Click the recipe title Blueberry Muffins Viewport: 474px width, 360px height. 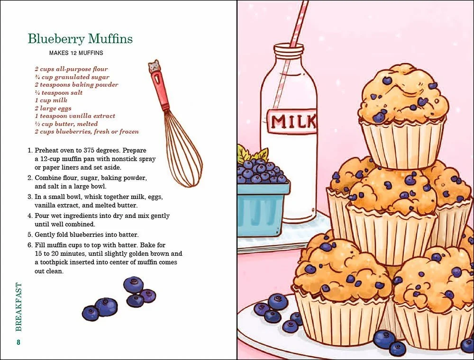coord(80,39)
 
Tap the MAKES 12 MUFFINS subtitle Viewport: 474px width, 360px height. coord(76,53)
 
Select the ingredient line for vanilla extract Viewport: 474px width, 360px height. coord(74,116)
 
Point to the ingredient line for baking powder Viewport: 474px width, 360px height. coord(76,85)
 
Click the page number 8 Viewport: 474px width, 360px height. coord(18,342)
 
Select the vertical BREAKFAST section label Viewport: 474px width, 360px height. coord(18,306)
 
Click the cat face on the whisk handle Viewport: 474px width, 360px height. coord(154,67)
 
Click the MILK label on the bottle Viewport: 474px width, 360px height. coord(293,121)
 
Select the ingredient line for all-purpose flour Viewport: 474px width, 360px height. coord(71,69)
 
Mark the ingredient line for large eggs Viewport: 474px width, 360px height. coord(53,108)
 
